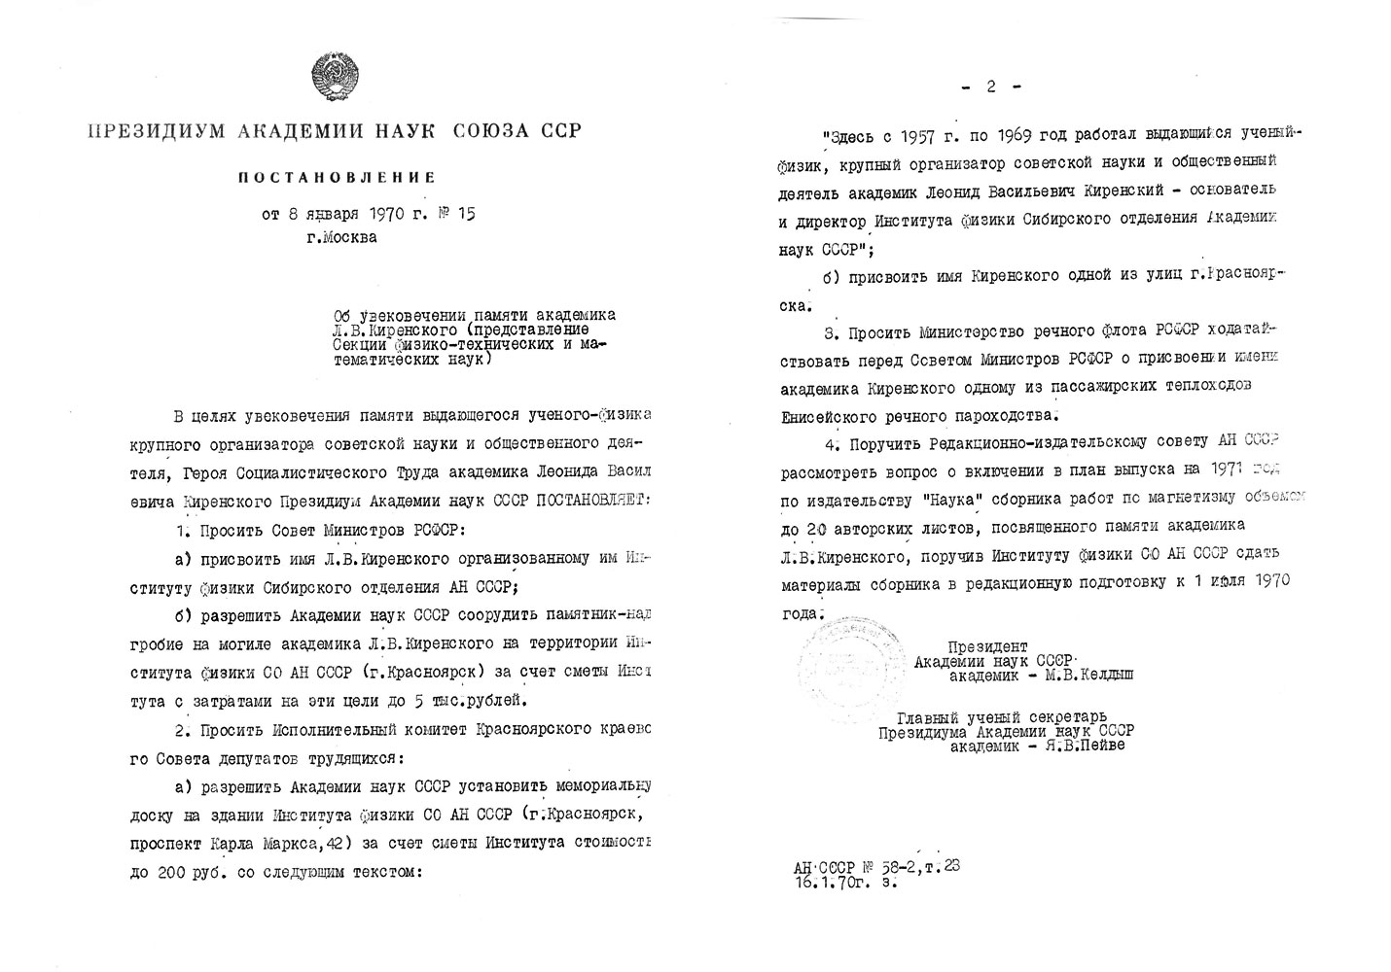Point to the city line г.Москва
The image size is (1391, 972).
339,236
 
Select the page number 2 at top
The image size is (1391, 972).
990,87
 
